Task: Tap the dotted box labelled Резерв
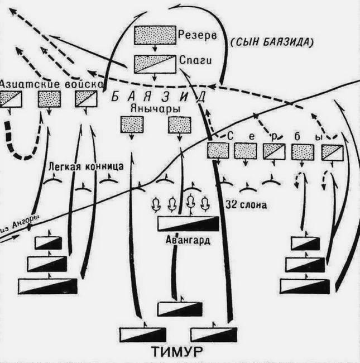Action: click(x=155, y=35)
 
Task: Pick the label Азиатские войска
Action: click(x=51, y=83)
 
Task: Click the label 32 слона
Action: click(x=246, y=204)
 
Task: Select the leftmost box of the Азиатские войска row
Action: click(x=10, y=99)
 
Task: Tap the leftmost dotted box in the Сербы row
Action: click(x=218, y=150)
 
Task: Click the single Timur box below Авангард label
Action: click(x=176, y=308)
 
